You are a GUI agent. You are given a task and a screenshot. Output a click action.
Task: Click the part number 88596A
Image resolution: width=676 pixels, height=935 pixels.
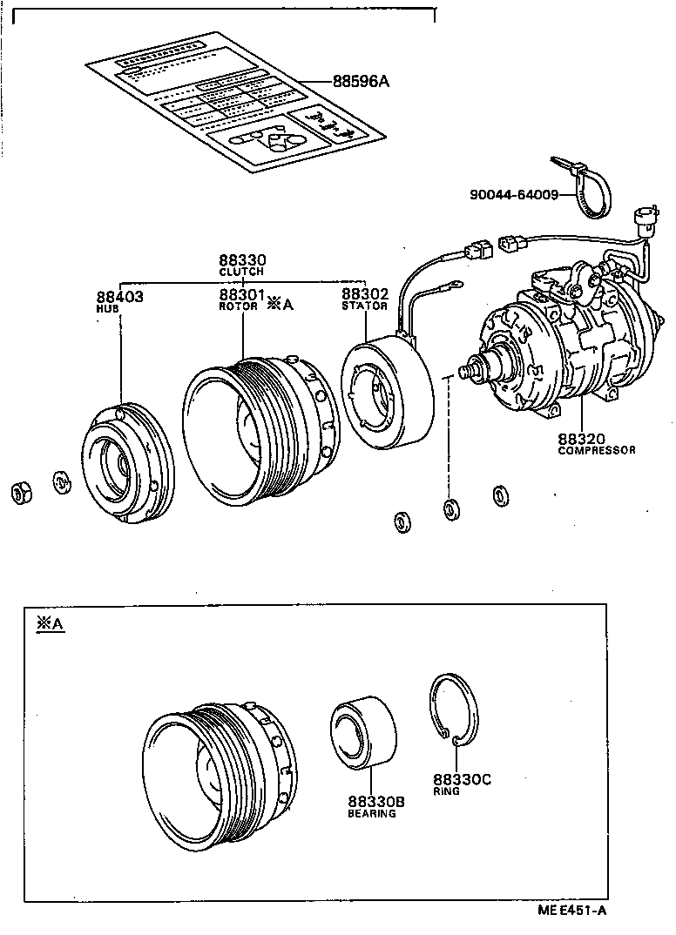tap(360, 82)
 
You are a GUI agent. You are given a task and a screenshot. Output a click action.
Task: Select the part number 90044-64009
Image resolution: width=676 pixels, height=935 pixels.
tap(513, 195)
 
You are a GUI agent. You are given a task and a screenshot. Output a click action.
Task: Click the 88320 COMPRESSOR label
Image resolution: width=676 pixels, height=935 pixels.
tap(596, 444)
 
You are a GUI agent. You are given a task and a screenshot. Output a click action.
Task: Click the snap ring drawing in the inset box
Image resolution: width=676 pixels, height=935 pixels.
tap(454, 710)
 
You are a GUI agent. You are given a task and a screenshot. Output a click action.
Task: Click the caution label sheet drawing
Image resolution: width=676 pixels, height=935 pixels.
tap(235, 100)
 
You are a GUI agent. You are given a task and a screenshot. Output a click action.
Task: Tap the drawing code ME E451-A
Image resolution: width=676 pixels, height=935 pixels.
tap(571, 911)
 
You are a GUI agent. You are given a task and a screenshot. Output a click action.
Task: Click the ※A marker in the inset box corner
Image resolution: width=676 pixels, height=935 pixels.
tap(50, 623)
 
